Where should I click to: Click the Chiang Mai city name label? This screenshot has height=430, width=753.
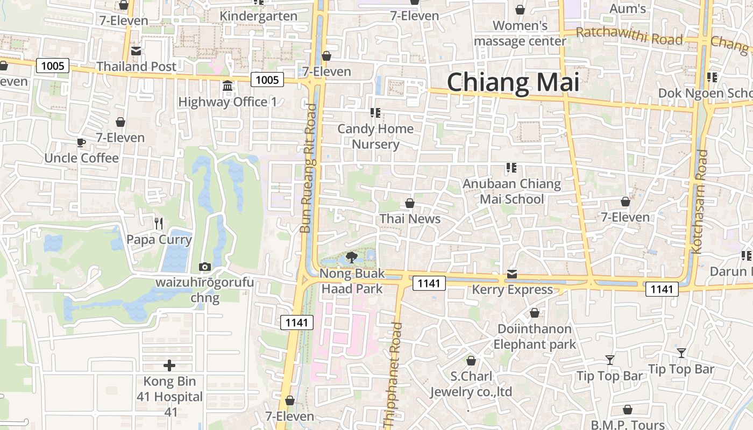(x=513, y=83)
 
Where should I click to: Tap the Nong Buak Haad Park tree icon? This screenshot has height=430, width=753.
(x=352, y=257)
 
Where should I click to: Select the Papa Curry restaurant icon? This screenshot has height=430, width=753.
(x=158, y=223)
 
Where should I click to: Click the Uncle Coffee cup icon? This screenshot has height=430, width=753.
(x=81, y=142)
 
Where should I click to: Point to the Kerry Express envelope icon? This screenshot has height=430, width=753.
(x=512, y=275)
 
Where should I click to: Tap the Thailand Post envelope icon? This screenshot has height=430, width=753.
(x=136, y=51)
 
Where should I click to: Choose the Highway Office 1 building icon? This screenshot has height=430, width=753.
(x=227, y=86)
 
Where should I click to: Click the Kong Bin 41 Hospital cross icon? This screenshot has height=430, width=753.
(x=169, y=365)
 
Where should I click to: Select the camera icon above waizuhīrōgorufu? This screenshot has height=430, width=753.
(x=204, y=267)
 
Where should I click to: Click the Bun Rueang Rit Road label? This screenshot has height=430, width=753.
(x=309, y=168)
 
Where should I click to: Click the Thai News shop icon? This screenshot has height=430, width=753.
(x=410, y=203)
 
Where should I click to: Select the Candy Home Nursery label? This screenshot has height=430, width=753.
(x=375, y=137)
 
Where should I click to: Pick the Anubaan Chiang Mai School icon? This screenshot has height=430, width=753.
(x=511, y=168)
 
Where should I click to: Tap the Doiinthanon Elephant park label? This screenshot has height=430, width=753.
(x=535, y=336)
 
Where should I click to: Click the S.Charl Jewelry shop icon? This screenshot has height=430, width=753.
(x=471, y=361)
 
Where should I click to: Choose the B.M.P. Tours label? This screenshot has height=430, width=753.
(x=628, y=425)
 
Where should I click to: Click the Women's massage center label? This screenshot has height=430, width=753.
(x=520, y=33)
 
